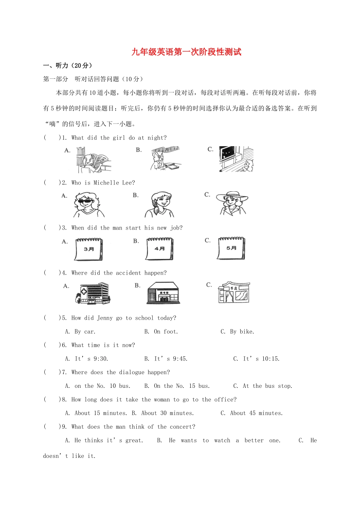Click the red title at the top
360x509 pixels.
point(186,52)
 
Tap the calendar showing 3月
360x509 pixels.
point(89,249)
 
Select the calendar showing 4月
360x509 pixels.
point(160,249)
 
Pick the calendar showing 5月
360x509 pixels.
point(231,248)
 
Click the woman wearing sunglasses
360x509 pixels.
point(88,205)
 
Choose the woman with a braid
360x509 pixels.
point(159,205)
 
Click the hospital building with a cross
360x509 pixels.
point(92,294)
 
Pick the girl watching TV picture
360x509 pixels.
point(236,159)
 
